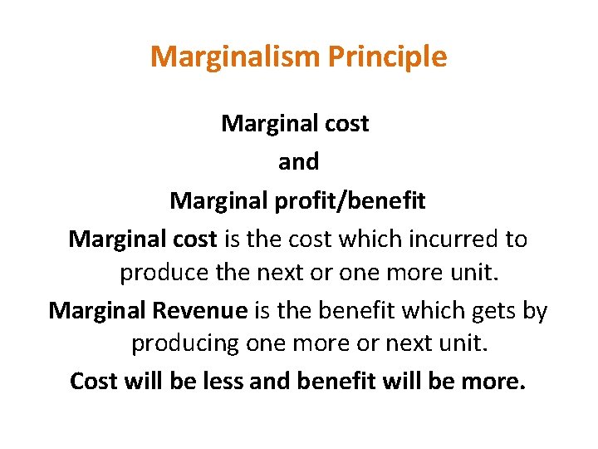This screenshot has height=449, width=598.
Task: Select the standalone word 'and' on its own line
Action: pyautogui.click(x=298, y=162)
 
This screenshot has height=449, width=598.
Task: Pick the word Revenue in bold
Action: pyautogui.click(x=199, y=311)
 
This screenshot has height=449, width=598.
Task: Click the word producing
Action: pyautogui.click(x=185, y=343)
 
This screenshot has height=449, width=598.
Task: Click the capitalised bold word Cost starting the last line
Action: pyautogui.click(x=93, y=381)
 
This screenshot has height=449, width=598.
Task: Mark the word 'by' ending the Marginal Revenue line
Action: pyautogui.click(x=536, y=312)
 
